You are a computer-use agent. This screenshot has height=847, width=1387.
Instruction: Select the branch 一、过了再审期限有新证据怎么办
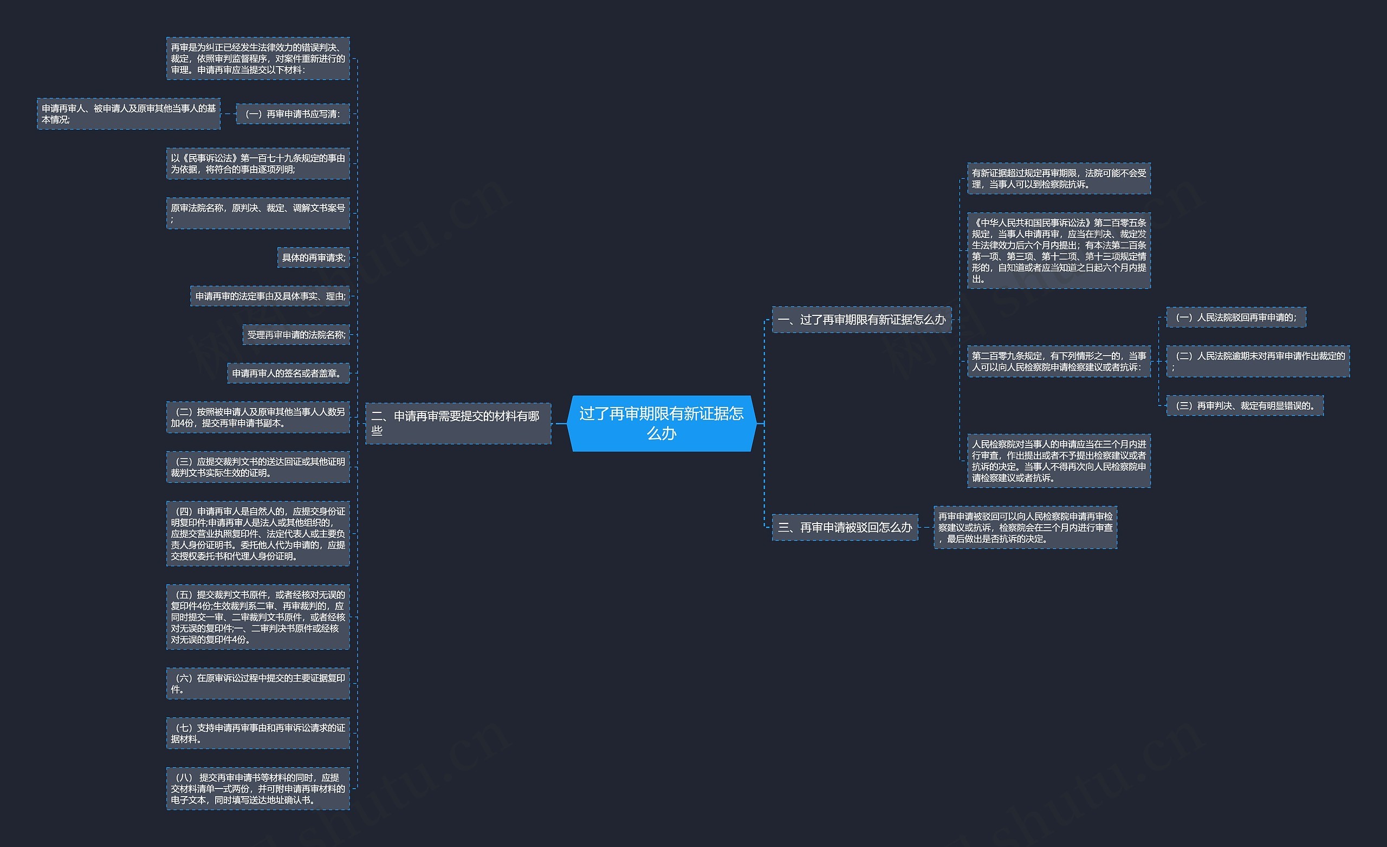[861, 320]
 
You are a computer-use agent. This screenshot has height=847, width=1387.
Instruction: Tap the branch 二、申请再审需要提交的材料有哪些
[458, 423]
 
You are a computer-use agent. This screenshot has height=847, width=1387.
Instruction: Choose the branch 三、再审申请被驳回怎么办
[844, 528]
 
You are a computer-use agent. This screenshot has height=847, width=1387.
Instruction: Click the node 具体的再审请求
[314, 257]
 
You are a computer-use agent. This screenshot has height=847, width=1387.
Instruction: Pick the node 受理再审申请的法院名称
[296, 334]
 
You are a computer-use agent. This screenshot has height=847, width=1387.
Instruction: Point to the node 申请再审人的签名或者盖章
[288, 373]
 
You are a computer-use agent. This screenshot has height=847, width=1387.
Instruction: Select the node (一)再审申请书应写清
[293, 114]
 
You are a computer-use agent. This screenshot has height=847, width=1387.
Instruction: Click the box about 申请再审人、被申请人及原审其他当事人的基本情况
[128, 114]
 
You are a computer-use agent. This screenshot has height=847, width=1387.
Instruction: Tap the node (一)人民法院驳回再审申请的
[1236, 318]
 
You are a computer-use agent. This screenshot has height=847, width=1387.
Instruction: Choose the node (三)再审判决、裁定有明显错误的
[1245, 405]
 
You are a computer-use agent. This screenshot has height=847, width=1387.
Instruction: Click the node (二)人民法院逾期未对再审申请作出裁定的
[1258, 361]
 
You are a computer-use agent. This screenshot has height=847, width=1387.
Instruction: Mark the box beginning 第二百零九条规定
[1058, 361]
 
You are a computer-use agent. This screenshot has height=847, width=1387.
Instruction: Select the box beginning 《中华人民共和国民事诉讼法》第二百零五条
[1058, 250]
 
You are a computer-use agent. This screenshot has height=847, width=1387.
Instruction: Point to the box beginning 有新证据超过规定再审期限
[1058, 178]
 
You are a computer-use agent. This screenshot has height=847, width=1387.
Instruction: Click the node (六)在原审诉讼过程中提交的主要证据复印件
[258, 683]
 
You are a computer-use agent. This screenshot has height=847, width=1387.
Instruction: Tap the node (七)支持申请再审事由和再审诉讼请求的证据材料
[258, 733]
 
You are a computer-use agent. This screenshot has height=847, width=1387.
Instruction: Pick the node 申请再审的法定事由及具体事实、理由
[270, 296]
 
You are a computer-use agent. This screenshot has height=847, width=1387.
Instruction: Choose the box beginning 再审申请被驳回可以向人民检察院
[1025, 528]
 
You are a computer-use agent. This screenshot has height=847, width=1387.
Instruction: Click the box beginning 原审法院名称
[258, 213]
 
